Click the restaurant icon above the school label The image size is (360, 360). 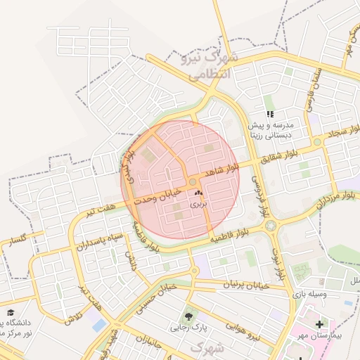(x=269, y=114)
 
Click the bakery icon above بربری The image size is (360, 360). (x=197, y=192)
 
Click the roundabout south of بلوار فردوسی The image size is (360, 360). (x=271, y=226)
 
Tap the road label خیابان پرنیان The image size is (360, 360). (x=246, y=285)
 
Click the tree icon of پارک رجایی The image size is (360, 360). (x=188, y=316)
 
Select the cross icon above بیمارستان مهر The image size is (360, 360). (x=321, y=324)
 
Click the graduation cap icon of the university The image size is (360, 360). (x=10, y=311)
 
